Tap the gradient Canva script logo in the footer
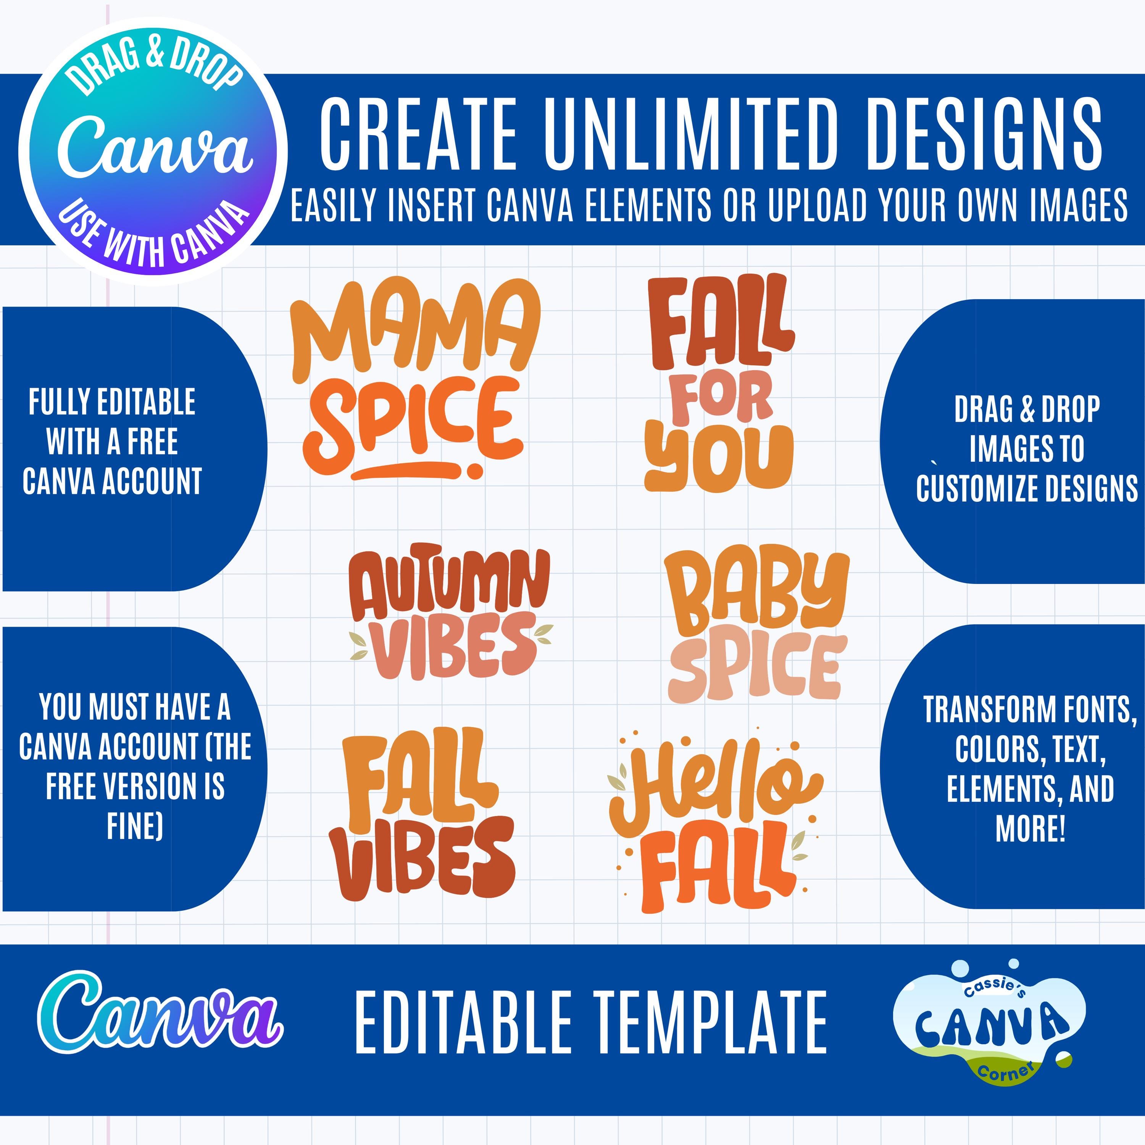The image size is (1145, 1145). click(x=160, y=1012)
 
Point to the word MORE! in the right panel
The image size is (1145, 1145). click(x=1030, y=828)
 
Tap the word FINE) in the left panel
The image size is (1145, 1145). click(x=134, y=826)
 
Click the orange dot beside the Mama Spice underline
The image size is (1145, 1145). click(x=474, y=471)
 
